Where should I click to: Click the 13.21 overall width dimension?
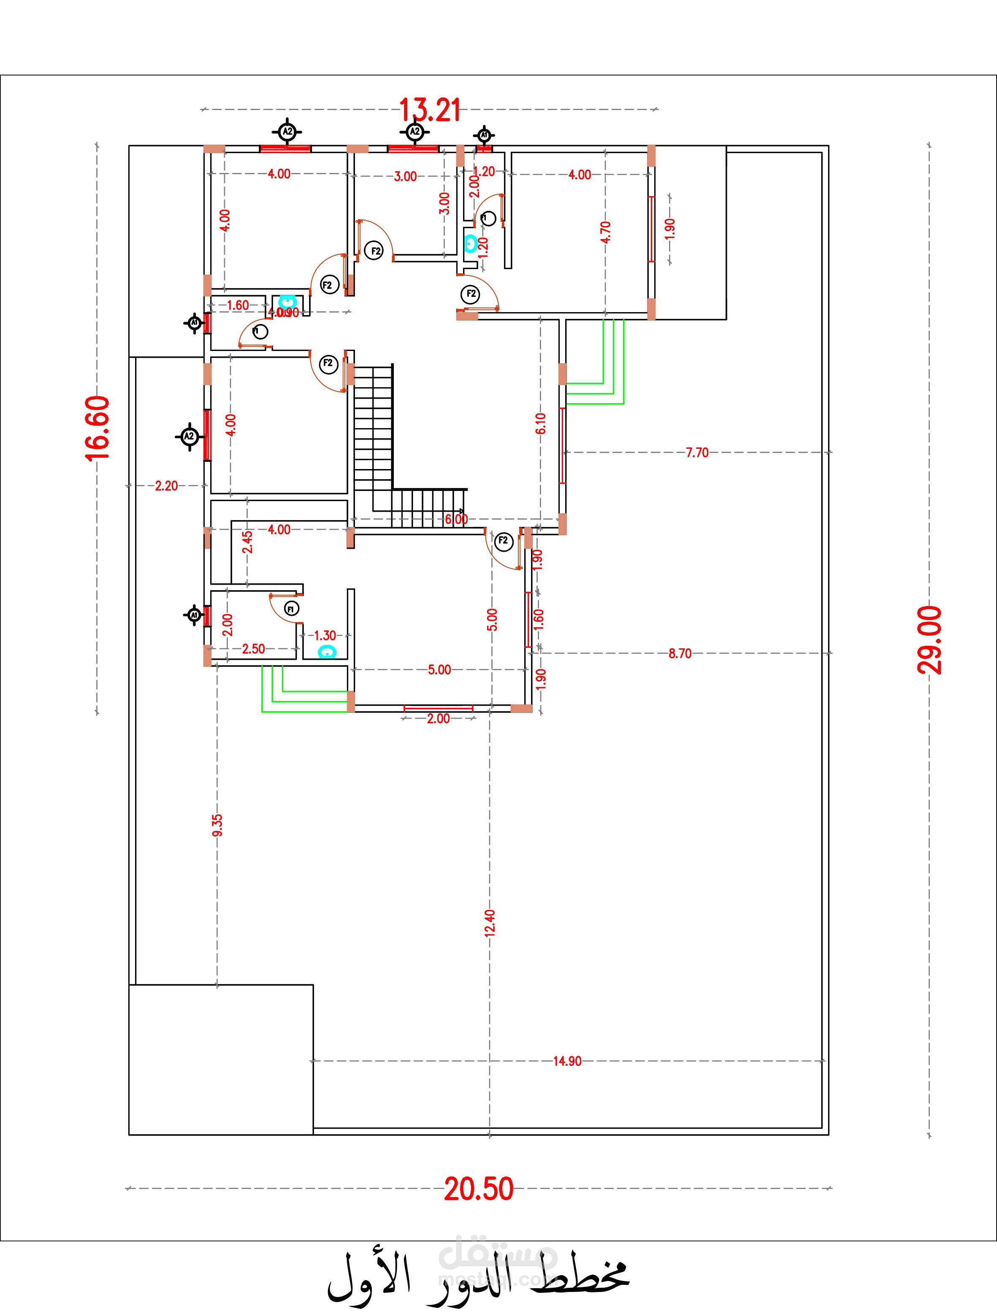coord(429,111)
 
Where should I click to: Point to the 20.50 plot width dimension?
coord(479,1189)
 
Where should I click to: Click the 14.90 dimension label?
coord(566,1061)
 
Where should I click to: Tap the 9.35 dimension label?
coord(217,825)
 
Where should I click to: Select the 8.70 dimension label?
coord(680,653)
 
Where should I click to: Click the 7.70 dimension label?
coord(697,453)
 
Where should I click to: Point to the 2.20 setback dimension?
coord(166,486)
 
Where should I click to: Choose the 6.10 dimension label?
coord(540,423)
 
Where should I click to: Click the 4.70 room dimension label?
coord(605,232)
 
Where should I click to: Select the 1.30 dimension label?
coord(325,635)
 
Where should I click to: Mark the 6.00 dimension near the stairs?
coord(456,519)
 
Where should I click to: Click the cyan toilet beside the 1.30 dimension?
coord(327,652)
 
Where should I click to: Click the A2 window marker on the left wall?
coord(189,437)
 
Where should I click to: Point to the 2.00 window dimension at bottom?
coord(438,719)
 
